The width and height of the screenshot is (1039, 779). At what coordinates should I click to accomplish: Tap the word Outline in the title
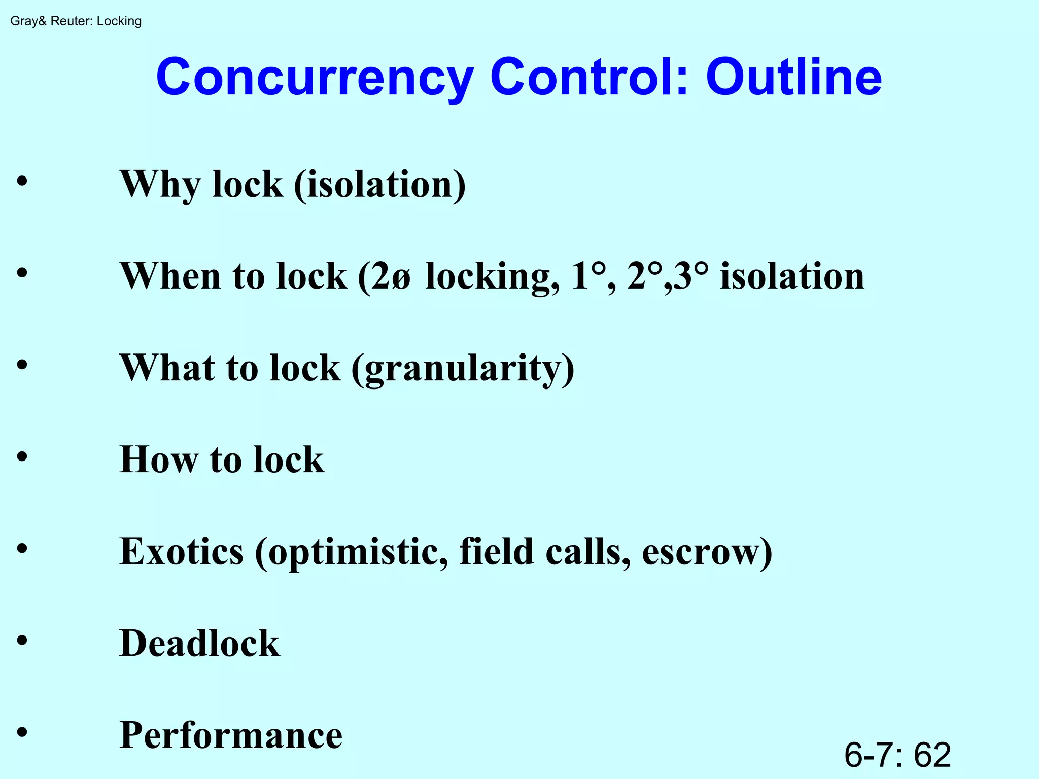tap(793, 77)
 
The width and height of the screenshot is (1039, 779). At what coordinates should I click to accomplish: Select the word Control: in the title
tap(589, 77)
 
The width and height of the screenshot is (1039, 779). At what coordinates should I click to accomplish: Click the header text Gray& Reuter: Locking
tap(76, 21)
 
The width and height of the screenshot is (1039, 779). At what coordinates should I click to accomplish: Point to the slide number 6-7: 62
tap(897, 755)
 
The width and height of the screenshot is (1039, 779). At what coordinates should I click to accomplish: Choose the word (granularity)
tap(463, 368)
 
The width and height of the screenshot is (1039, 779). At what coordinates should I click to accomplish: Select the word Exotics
tap(181, 552)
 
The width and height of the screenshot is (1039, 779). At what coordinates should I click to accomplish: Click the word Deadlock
tap(199, 644)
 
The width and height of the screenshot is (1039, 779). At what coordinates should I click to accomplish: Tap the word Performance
tap(231, 735)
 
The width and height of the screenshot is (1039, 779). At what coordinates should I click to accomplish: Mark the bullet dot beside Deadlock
tap(22, 640)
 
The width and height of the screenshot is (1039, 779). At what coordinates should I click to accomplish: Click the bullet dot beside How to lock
tap(22, 456)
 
